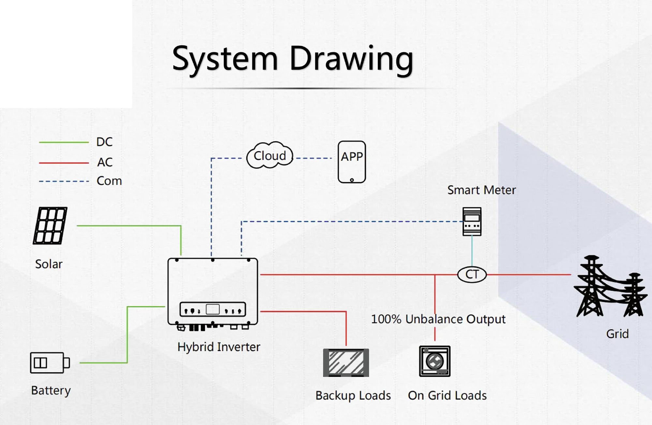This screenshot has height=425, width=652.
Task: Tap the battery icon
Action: click(50, 362)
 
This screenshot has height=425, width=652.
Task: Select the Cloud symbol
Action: click(270, 156)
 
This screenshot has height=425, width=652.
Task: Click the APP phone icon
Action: click(352, 162)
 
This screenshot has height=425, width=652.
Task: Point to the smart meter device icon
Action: click(472, 221)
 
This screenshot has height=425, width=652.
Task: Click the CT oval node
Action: click(472, 275)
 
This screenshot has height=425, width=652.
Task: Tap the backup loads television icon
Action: click(346, 362)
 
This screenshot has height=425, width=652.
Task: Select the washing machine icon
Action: click(435, 361)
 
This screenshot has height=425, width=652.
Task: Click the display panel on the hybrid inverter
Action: click(213, 309)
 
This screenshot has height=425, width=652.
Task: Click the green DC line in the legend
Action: click(64, 142)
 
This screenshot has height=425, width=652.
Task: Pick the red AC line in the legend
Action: click(64, 163)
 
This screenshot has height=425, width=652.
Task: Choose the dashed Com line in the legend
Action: click(64, 181)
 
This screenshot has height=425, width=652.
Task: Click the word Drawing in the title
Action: click(351, 59)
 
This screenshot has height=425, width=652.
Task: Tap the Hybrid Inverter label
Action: click(219, 347)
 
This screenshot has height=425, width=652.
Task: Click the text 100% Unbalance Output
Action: click(438, 319)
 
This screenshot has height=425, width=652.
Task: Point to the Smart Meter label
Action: click(482, 190)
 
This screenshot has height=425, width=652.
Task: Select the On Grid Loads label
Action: click(447, 395)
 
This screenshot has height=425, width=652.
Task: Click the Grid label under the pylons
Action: click(617, 334)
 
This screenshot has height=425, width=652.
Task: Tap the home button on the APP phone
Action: click(352, 180)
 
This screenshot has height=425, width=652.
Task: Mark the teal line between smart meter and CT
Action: click(472, 251)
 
